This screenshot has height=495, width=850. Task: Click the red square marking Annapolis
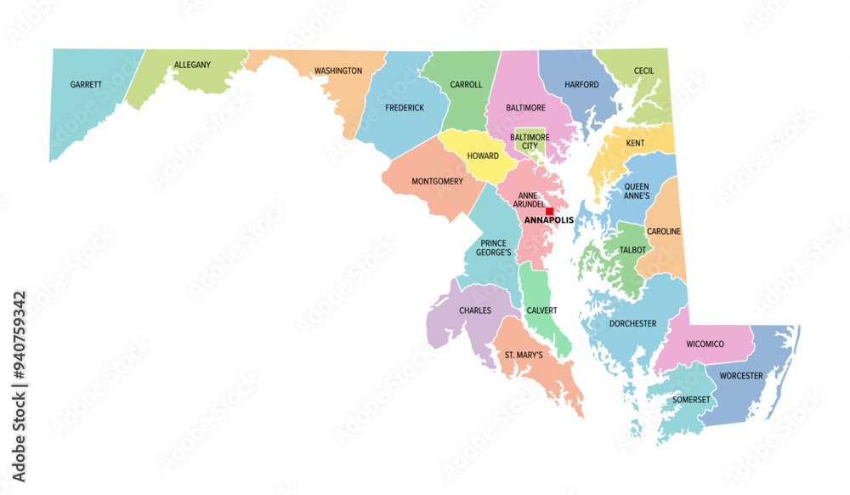[x=549, y=211]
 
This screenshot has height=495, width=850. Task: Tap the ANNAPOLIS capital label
[x=548, y=220]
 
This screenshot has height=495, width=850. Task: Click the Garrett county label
[x=86, y=84]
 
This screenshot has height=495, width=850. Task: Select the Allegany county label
[x=193, y=65]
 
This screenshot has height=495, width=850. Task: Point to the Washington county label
[x=338, y=71]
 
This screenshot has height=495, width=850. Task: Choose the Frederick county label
[x=405, y=108]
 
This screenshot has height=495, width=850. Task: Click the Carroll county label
[x=466, y=84]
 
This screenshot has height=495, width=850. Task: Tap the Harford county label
[x=581, y=84]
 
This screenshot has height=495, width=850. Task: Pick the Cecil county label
[x=643, y=71]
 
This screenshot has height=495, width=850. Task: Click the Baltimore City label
[x=530, y=141]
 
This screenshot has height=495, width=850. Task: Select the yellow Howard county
[x=482, y=156]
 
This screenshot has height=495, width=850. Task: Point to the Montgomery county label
[x=437, y=181]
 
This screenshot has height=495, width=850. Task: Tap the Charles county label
[x=475, y=310]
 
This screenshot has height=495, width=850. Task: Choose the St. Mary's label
[x=524, y=355]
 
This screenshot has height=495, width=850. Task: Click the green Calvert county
[x=541, y=310]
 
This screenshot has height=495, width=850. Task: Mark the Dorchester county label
[x=632, y=323]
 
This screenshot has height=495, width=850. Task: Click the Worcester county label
[x=741, y=376]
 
